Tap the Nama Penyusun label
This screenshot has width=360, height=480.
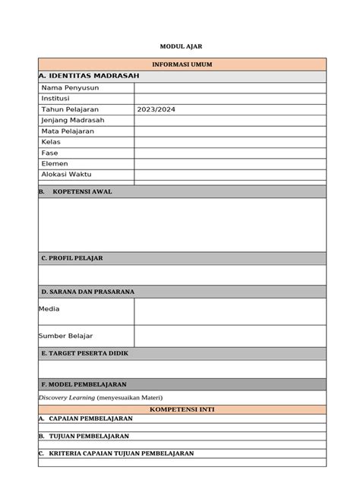tap(70, 88)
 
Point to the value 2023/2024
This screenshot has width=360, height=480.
tap(156, 109)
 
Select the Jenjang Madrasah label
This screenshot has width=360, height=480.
tap(73, 120)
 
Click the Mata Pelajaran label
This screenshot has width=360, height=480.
tap(69, 131)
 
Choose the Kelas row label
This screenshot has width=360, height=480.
tap(52, 142)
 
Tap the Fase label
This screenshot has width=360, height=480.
tap(50, 153)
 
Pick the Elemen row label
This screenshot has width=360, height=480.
tap(55, 163)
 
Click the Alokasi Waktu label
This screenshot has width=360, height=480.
tap(69, 174)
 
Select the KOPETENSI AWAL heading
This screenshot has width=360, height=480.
tap(82, 192)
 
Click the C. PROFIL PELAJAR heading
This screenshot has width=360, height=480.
tap(72, 258)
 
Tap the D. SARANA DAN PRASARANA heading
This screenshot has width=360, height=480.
tap(87, 292)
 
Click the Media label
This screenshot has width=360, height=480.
tap(49, 309)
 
